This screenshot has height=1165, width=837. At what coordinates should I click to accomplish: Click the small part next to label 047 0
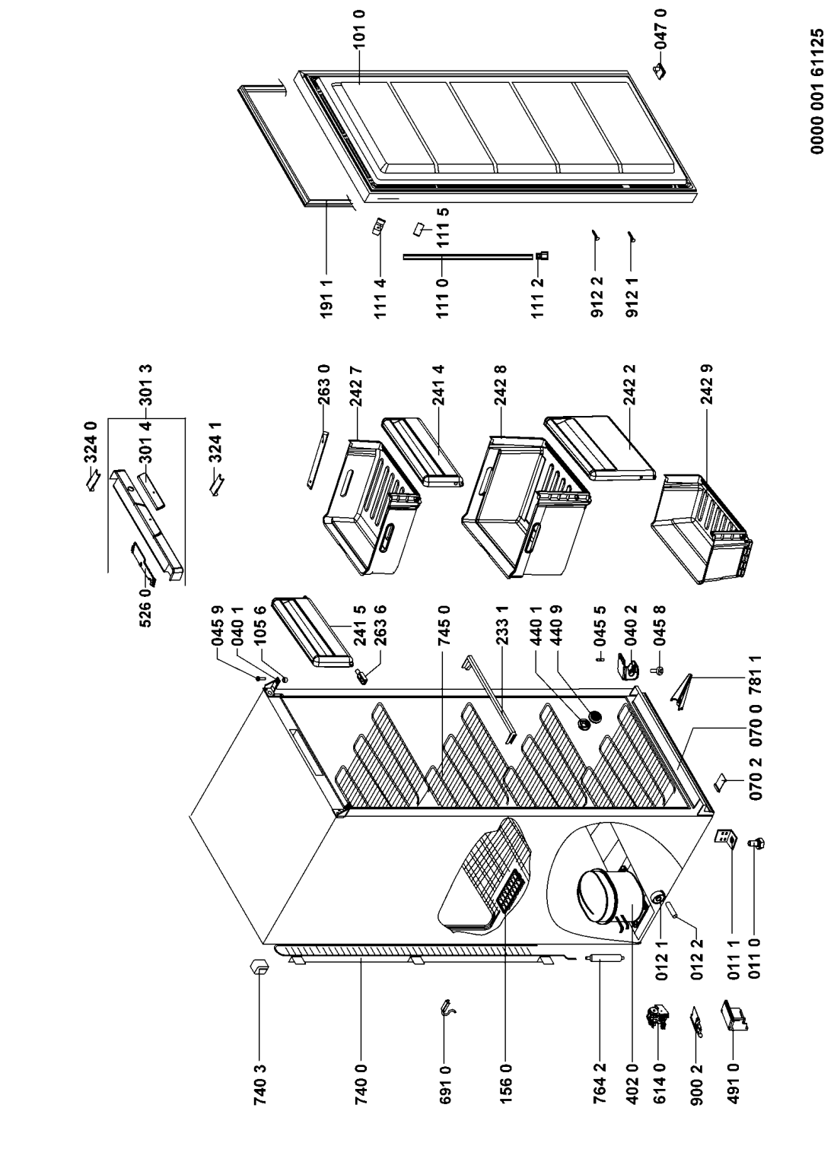click(659, 70)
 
